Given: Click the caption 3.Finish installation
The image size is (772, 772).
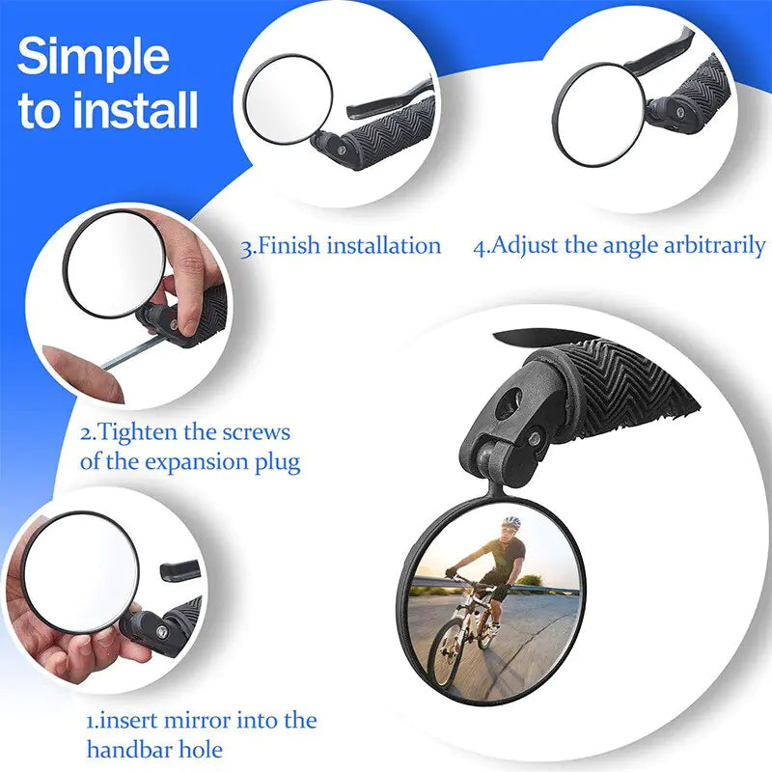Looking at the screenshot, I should [341, 245].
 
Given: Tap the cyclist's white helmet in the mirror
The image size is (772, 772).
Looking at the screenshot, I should [511, 523].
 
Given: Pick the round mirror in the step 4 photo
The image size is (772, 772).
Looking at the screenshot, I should [597, 113].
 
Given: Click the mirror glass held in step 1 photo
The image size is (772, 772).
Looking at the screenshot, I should [82, 568].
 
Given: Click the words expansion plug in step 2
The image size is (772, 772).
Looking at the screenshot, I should [223, 461].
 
